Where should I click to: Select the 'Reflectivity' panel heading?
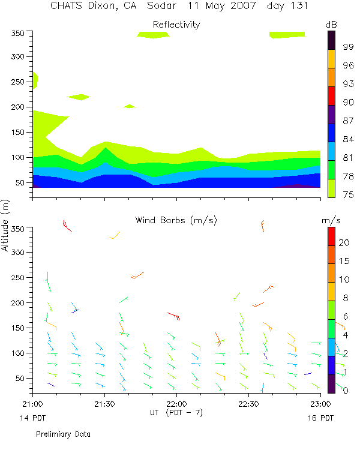point(176,25)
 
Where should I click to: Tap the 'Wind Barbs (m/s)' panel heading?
point(176,220)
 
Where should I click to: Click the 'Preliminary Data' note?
point(63,433)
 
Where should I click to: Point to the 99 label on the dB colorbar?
point(347,46)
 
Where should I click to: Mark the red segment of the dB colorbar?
point(331,96)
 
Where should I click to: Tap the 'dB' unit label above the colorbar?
point(331,24)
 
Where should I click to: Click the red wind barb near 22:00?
point(173,316)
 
